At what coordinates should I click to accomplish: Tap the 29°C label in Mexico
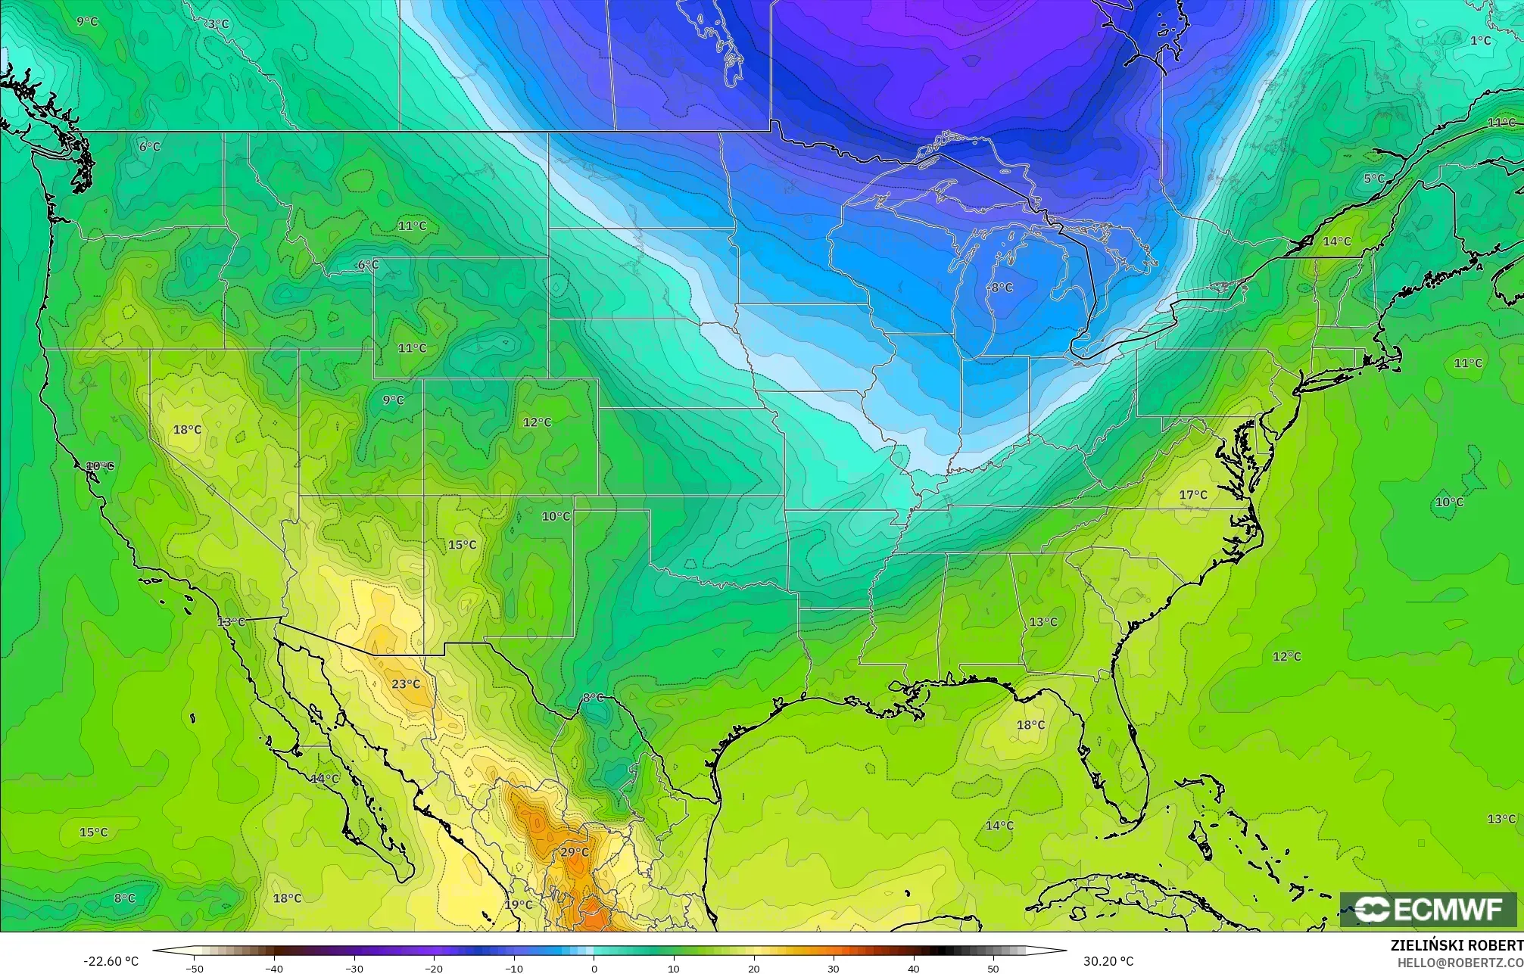(574, 852)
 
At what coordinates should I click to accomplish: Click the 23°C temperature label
(406, 684)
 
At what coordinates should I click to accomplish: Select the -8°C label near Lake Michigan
(1000, 288)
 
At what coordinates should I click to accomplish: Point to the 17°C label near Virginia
(1193, 495)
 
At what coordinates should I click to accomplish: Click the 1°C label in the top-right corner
(1480, 41)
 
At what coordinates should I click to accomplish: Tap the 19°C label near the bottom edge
(519, 904)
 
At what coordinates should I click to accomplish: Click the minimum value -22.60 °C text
(111, 961)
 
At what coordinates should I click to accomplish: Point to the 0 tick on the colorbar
(594, 968)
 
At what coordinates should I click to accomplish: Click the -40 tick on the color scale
(274, 968)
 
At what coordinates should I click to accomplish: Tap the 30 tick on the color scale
(834, 968)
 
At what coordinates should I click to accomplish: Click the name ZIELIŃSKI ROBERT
(1457, 945)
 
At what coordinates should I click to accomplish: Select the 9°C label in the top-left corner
(87, 21)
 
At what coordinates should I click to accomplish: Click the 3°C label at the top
(218, 24)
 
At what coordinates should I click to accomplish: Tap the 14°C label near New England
(1337, 241)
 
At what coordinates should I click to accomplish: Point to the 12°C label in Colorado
(537, 422)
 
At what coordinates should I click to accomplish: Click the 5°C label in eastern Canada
(1374, 179)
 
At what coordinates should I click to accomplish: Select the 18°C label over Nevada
(187, 430)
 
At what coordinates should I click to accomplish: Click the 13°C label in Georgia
(1042, 622)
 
